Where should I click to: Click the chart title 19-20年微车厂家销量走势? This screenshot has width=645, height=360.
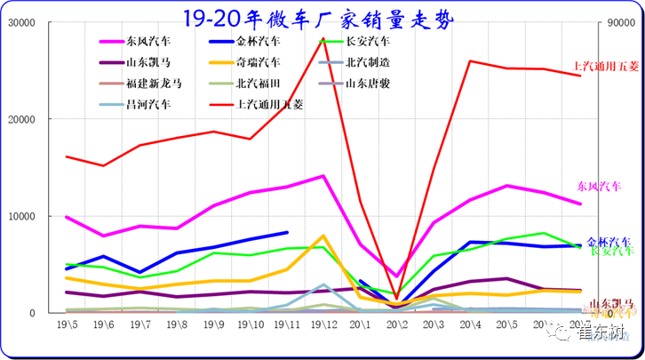321,17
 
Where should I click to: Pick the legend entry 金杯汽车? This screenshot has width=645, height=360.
259,41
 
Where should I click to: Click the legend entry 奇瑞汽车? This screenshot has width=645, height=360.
259,62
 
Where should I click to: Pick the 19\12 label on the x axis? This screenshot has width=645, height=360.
322,325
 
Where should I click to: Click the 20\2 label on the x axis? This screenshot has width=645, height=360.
397,325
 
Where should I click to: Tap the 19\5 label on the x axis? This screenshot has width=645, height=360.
67,325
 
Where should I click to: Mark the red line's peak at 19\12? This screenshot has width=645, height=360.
323,38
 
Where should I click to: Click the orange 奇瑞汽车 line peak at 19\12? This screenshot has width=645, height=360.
323,236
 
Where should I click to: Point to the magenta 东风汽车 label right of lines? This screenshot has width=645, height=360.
599,187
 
